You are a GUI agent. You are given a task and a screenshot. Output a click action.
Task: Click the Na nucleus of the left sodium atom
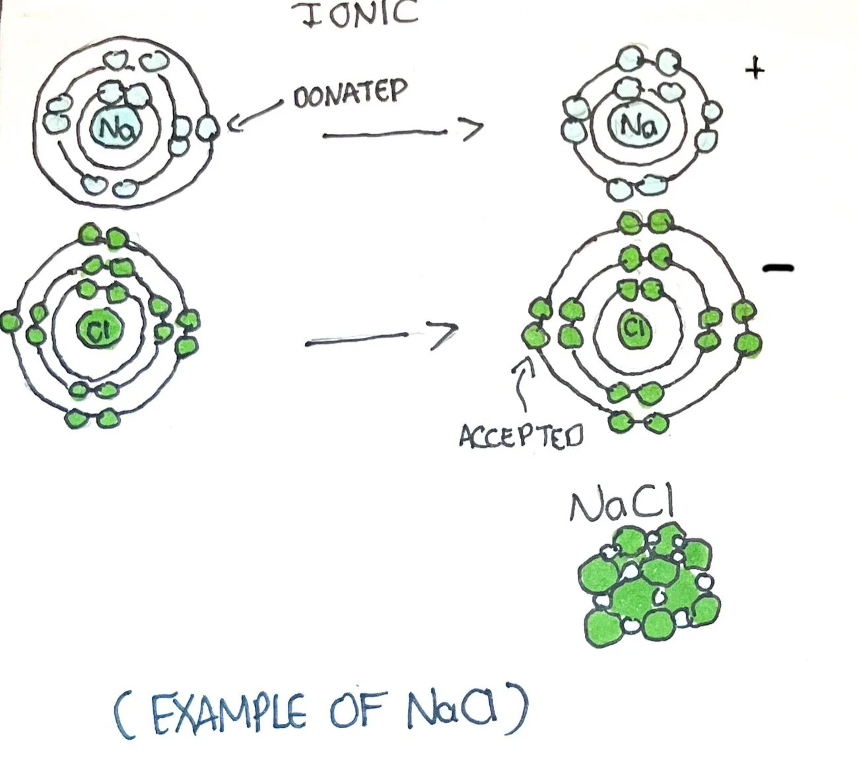click(117, 127)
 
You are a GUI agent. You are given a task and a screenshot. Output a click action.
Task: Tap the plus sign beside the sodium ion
click(755, 68)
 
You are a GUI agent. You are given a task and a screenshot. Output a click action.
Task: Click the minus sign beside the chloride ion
click(778, 268)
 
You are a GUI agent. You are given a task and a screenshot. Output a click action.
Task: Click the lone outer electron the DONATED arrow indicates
click(207, 127)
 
